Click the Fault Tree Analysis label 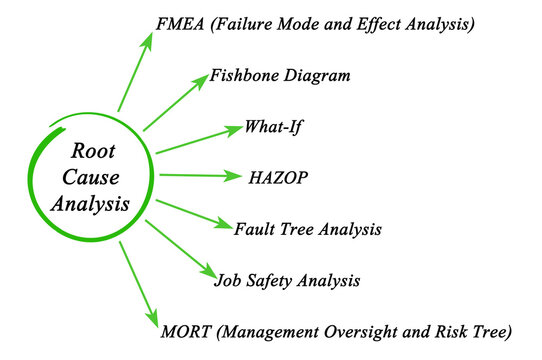(x=307, y=229)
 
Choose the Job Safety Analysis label (x=287, y=279)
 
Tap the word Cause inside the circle (x=91, y=180)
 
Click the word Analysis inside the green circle (x=92, y=207)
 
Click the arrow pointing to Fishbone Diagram (x=176, y=103)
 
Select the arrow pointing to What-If (x=200, y=139)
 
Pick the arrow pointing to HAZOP (x=200, y=176)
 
